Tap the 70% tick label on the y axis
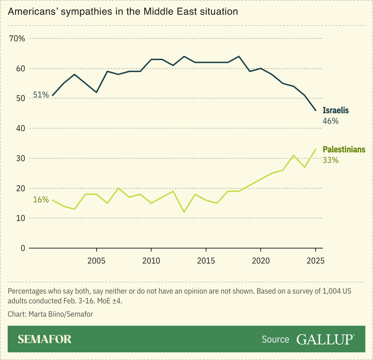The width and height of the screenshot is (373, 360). coord(17,38)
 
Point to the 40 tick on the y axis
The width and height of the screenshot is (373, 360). coord(19,128)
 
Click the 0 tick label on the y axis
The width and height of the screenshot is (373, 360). coord(22,248)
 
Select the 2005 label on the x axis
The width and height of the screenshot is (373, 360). coord(96,260)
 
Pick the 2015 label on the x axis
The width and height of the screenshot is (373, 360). coord(205,260)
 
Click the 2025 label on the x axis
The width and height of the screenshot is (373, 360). coord(315,260)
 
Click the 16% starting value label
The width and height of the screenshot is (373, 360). coord(41,200)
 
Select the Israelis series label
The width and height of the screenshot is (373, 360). coord(336,111)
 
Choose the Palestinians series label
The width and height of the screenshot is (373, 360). coord(344,150)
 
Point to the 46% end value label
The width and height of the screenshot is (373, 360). coord(331,121)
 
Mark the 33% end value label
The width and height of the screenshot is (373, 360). coord(331,160)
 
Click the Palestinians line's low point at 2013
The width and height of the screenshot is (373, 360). coord(184,212)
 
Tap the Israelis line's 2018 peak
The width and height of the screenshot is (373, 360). coord(239,56)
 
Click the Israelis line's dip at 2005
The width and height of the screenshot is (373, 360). coord(96,92)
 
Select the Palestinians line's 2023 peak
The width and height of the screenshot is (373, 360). coord(293,155)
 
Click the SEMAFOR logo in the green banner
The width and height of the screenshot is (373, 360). coord(45,339)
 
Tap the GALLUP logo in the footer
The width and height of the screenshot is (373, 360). coord(325,339)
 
